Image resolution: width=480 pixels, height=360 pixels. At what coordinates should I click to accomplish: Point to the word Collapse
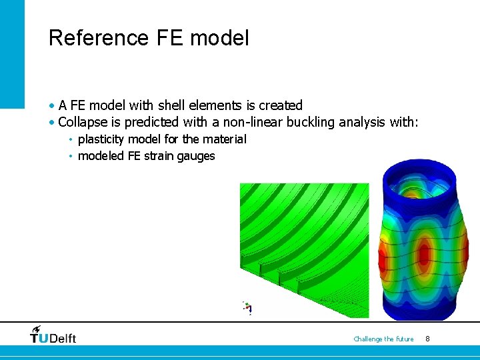(x=83, y=122)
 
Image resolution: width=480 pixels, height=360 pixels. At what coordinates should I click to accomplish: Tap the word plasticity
(x=101, y=139)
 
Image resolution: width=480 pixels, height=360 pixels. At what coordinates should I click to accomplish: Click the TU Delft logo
(x=53, y=335)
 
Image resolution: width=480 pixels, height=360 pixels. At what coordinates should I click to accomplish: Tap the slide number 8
(x=427, y=339)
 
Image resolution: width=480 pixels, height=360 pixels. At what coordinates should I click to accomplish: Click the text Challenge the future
(x=383, y=339)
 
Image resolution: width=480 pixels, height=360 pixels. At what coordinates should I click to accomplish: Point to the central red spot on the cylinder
(x=423, y=254)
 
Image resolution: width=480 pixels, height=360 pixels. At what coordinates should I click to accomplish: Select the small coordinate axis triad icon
(x=248, y=308)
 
